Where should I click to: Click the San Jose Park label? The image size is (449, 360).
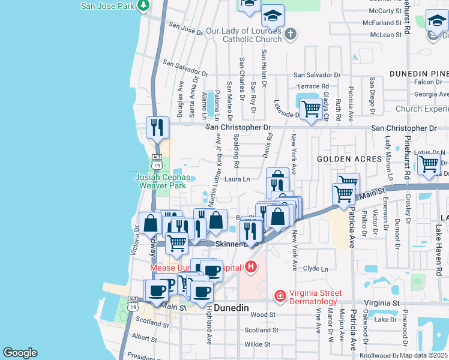coord(107,7)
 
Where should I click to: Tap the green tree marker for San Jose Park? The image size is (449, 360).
coord(143,6)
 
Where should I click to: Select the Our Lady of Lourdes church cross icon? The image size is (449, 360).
coord(291,34)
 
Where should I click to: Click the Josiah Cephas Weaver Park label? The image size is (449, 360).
coord(162,182)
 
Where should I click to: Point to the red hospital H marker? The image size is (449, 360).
coord(251,266)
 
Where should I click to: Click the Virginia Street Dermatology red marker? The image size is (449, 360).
coord(280,295)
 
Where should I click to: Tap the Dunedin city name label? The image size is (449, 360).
coord(231,307)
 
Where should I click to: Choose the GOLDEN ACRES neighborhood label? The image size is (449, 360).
coord(349,159)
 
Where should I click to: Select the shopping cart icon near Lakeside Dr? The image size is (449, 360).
coord(310,109)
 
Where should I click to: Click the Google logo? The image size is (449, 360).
coord(20,353)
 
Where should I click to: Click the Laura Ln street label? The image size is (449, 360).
coord(237,179)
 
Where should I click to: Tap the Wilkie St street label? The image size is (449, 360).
coord(259,344)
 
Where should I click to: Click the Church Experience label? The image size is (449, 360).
coord(421,109)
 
